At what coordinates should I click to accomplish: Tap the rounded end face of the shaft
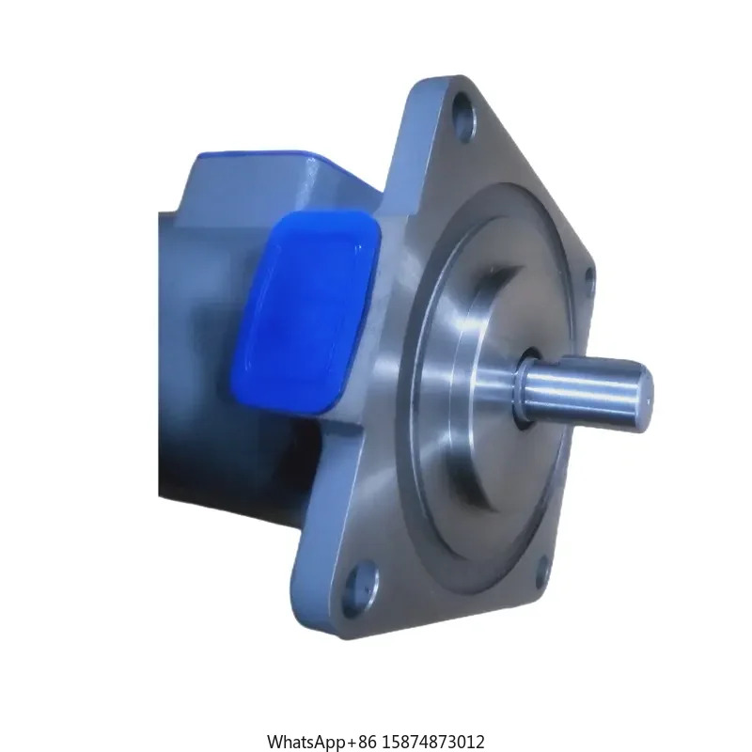pyautogui.click(x=644, y=390)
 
